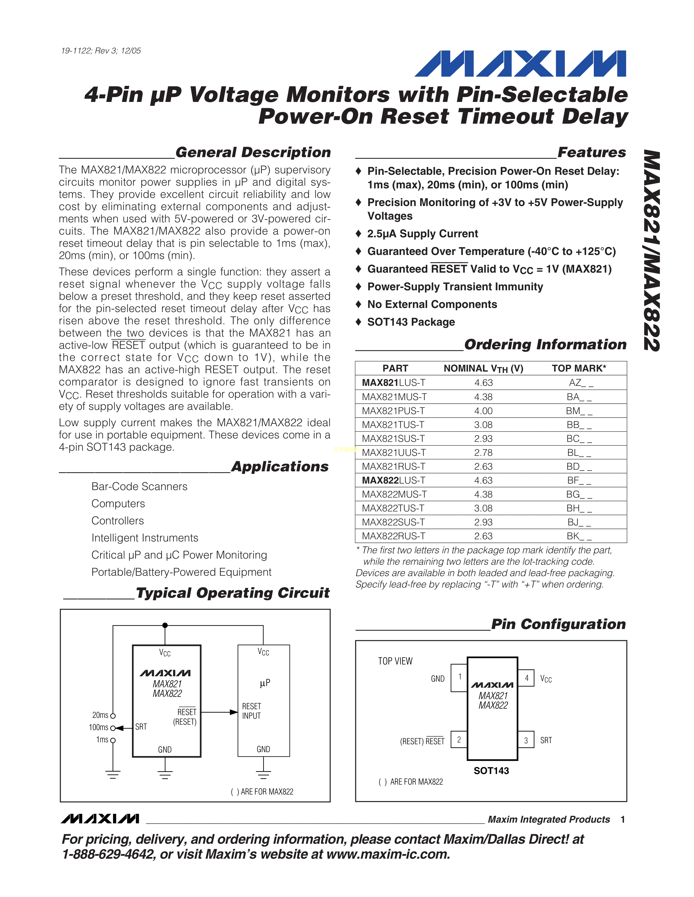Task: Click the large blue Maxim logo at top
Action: pyautogui.click(x=520, y=64)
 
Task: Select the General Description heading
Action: pyautogui.click(x=253, y=152)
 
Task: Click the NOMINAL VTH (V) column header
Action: pyautogui.click(x=483, y=368)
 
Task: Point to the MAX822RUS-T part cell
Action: pyautogui.click(x=394, y=536)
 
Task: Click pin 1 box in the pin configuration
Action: pyautogui.click(x=459, y=677)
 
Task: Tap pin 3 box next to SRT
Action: pyautogui.click(x=526, y=740)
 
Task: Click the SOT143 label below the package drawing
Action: pyautogui.click(x=491, y=771)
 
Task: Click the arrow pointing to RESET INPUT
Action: pyautogui.click(x=233, y=712)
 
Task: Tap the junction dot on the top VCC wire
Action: pyautogui.click(x=165, y=625)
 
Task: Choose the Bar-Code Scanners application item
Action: pyautogui.click(x=139, y=487)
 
